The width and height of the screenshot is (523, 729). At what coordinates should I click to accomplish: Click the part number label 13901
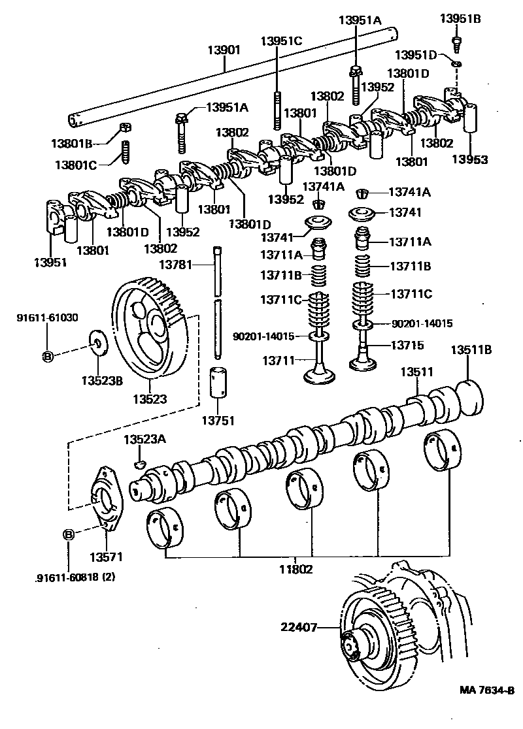coord(224,50)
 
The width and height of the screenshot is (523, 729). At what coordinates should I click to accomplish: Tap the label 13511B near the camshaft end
coord(471,350)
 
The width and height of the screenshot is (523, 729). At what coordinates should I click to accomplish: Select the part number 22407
coord(299,627)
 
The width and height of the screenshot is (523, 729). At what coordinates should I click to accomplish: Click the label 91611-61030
coord(47,318)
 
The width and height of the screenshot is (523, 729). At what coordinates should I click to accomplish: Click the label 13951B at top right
coord(460,18)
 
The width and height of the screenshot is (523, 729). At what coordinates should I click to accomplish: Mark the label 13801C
coord(75,165)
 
